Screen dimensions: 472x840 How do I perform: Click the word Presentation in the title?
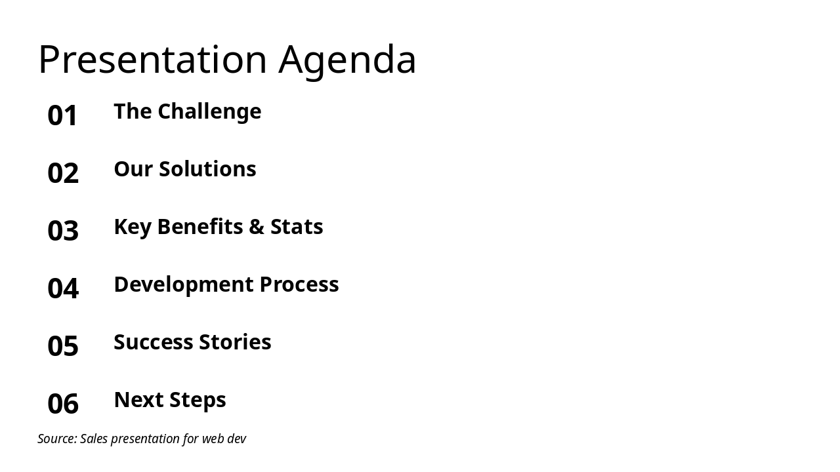(152, 60)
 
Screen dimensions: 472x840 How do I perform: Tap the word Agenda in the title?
(347, 60)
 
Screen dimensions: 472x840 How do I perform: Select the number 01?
(63, 115)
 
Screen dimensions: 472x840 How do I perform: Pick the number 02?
(63, 173)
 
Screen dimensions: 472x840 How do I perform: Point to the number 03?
(63, 231)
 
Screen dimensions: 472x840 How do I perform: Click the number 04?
(63, 288)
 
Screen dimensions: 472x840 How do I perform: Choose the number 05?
(63, 346)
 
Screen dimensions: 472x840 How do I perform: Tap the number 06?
(63, 404)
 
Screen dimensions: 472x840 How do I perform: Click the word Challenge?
(210, 111)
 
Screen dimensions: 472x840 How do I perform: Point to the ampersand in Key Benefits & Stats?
(255, 227)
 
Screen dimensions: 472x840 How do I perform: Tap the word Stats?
(297, 227)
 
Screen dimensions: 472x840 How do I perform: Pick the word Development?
(183, 285)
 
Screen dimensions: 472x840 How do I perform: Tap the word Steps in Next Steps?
(196, 400)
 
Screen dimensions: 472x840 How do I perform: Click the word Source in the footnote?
(56, 439)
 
